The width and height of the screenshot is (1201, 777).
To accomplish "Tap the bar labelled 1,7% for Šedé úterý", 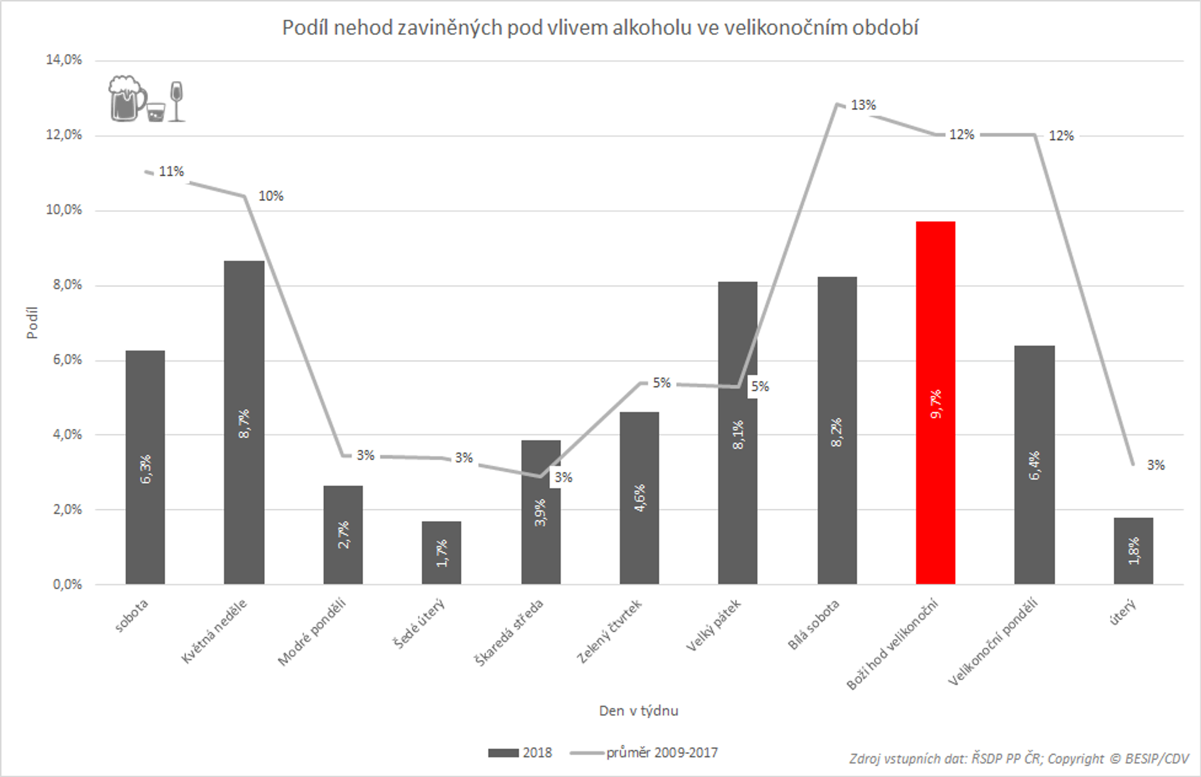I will [441, 552].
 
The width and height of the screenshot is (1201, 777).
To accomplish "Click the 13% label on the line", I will [863, 105].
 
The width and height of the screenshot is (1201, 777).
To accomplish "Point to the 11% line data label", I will [171, 172].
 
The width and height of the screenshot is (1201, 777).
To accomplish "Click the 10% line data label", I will [271, 196].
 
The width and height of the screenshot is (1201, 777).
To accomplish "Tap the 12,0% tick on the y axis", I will [64, 135].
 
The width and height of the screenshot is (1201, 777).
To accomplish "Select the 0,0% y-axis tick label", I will [67, 584].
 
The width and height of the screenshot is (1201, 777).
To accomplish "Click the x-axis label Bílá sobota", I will [814, 624].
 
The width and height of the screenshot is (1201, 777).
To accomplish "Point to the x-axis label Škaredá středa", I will [508, 632].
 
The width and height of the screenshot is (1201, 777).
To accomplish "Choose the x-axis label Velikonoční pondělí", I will [993, 641].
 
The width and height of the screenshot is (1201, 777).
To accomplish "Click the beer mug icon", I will [127, 99].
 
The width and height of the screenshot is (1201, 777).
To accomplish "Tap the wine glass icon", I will [176, 101].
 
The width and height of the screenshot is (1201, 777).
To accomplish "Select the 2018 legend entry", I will [520, 753].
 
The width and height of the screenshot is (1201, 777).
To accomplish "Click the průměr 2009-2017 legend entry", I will [644, 753].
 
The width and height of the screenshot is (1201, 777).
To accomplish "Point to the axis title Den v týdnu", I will [639, 710].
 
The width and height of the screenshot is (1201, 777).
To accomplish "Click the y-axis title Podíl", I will [33, 322].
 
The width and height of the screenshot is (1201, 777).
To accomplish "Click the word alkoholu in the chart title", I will [652, 28].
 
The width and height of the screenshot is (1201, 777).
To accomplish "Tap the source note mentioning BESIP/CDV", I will [1019, 758].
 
